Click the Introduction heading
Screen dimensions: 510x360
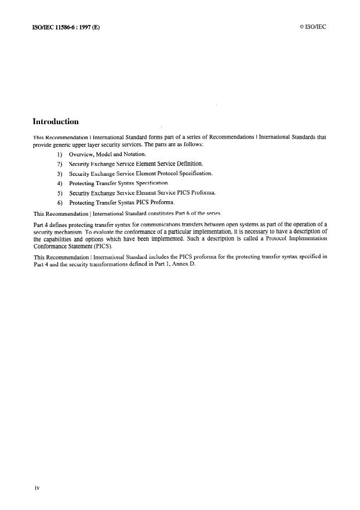56,122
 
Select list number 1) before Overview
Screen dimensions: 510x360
60,154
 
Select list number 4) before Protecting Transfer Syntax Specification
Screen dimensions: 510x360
60,183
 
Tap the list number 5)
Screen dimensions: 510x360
60,193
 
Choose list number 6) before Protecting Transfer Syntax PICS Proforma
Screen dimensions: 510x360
60,202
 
